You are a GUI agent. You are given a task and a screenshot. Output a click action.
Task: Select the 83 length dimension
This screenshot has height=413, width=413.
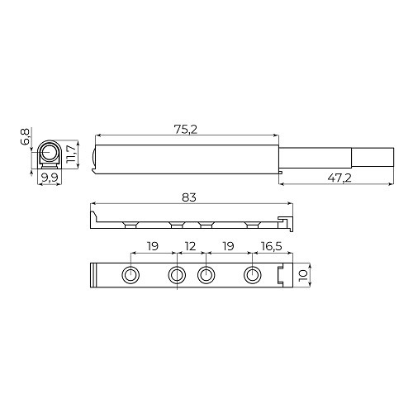(x=191, y=197)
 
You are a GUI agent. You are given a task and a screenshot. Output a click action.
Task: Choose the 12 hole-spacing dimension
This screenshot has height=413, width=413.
(x=191, y=247)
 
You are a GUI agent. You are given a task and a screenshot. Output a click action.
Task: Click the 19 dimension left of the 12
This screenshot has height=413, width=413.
(x=153, y=247)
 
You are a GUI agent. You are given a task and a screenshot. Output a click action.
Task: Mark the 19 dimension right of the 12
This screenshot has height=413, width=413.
(x=228, y=247)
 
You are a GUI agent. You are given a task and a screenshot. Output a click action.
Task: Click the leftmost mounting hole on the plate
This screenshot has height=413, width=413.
(x=131, y=275)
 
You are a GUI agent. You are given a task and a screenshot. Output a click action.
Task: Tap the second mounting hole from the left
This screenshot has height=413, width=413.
(x=176, y=275)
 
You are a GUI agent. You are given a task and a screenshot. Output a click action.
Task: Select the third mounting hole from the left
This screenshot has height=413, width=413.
(x=206, y=275)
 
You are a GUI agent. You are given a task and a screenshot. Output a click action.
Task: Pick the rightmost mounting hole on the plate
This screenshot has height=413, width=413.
(x=251, y=275)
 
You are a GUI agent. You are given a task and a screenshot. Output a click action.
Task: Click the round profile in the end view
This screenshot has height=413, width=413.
(x=50, y=154)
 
